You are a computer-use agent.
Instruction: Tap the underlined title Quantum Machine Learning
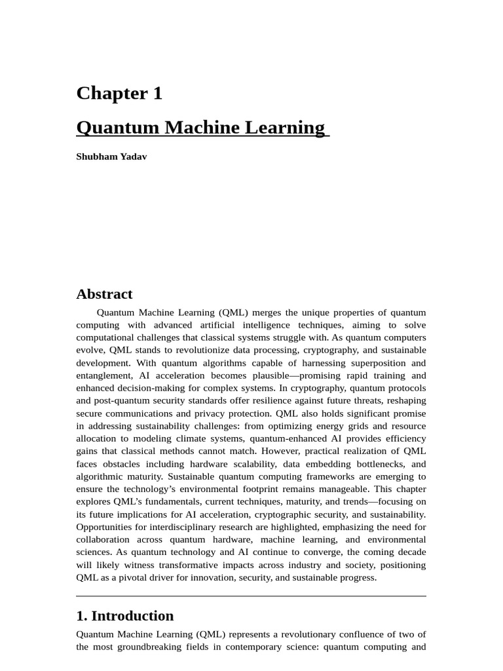point(200,127)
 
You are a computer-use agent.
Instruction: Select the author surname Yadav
point(133,157)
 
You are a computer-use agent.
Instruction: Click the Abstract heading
point(104,294)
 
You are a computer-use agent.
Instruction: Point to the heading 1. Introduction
point(125,616)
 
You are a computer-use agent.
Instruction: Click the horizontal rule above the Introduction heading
point(251,596)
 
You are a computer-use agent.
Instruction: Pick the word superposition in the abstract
point(373,363)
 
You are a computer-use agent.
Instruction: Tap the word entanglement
point(104,375)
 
